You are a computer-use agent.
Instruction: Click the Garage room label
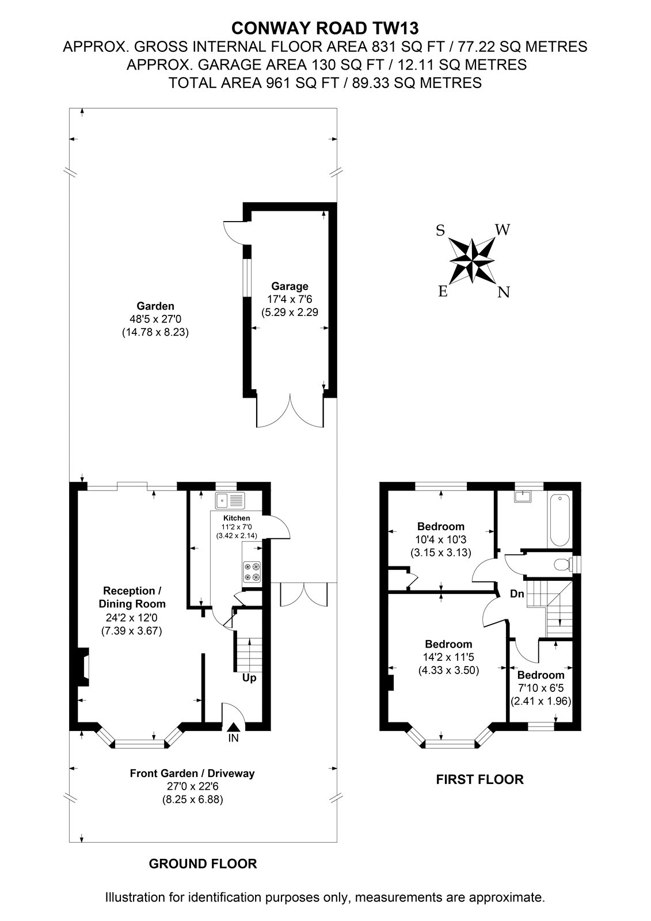290,286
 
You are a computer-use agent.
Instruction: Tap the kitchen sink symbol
230,500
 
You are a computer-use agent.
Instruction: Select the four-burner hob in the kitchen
252,572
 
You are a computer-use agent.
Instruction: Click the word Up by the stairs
249,678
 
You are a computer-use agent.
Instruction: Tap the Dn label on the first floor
517,593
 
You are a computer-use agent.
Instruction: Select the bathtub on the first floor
559,520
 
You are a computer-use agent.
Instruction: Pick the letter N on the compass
504,292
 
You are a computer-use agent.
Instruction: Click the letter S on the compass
440,231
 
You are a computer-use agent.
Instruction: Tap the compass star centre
472,261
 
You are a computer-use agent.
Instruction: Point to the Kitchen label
237,518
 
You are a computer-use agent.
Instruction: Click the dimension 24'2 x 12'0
132,617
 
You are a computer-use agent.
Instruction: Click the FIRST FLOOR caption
480,779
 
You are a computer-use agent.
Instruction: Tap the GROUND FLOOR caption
203,863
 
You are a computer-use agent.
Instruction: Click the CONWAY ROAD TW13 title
325,28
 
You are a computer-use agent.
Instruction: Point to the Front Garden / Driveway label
192,774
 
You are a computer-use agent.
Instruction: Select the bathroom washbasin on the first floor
523,496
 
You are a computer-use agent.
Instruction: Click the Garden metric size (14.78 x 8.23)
155,332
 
